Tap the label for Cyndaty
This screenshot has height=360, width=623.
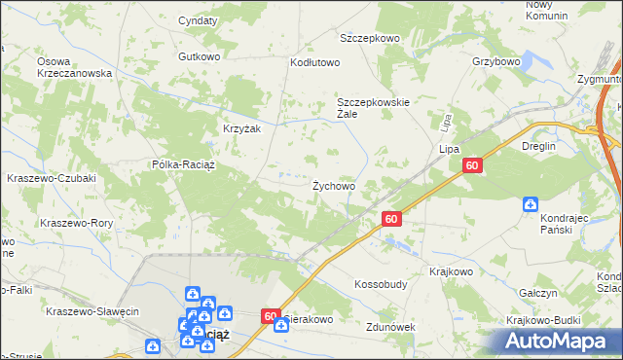tap(198, 20)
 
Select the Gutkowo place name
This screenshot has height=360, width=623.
tap(200, 56)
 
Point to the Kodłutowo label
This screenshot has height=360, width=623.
tap(314, 62)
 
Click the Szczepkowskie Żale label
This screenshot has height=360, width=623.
tap(374, 107)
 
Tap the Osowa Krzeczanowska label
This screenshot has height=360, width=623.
tap(75, 66)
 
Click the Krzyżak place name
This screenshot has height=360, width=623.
tap(242, 128)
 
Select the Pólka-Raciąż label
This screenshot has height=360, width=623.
tap(189, 164)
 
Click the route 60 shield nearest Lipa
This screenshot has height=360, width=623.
tap(472, 167)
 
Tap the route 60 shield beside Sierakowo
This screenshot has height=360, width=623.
tap(272, 316)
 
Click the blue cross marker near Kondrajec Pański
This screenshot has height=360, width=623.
tap(531, 203)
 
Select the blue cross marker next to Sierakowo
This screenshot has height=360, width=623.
tap(280, 325)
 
